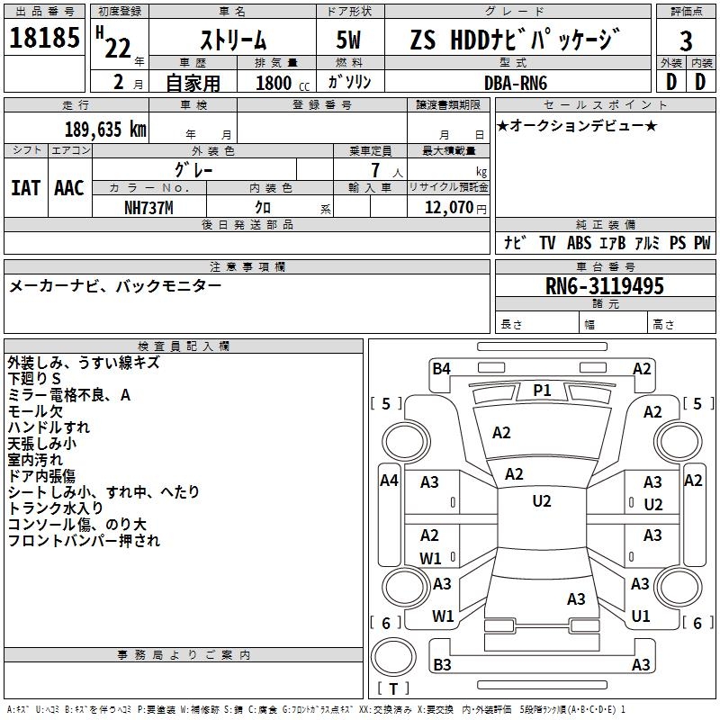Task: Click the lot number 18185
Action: click(44, 39)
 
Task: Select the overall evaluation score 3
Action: click(686, 40)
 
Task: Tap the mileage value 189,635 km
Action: click(105, 130)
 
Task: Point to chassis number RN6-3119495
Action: click(605, 286)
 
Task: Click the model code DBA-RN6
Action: click(517, 82)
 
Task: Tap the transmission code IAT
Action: click(25, 188)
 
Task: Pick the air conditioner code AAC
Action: click(69, 188)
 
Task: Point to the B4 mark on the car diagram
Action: click(441, 368)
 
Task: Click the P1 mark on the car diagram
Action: click(542, 390)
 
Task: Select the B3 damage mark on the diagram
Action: click(442, 665)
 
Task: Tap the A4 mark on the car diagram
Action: click(389, 481)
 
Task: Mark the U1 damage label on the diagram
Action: click(641, 616)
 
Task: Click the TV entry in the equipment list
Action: click(547, 243)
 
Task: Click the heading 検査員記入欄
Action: click(184, 346)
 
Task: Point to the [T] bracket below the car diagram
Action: click(393, 689)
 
